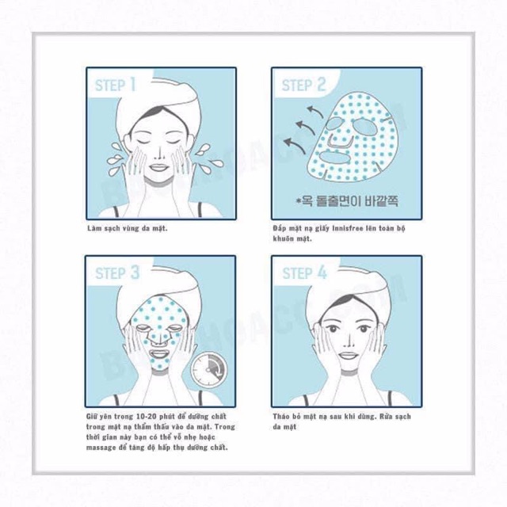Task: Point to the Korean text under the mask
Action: [x=345, y=201]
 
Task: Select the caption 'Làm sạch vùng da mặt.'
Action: [x=127, y=228]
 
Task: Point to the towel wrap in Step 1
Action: [x=158, y=103]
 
